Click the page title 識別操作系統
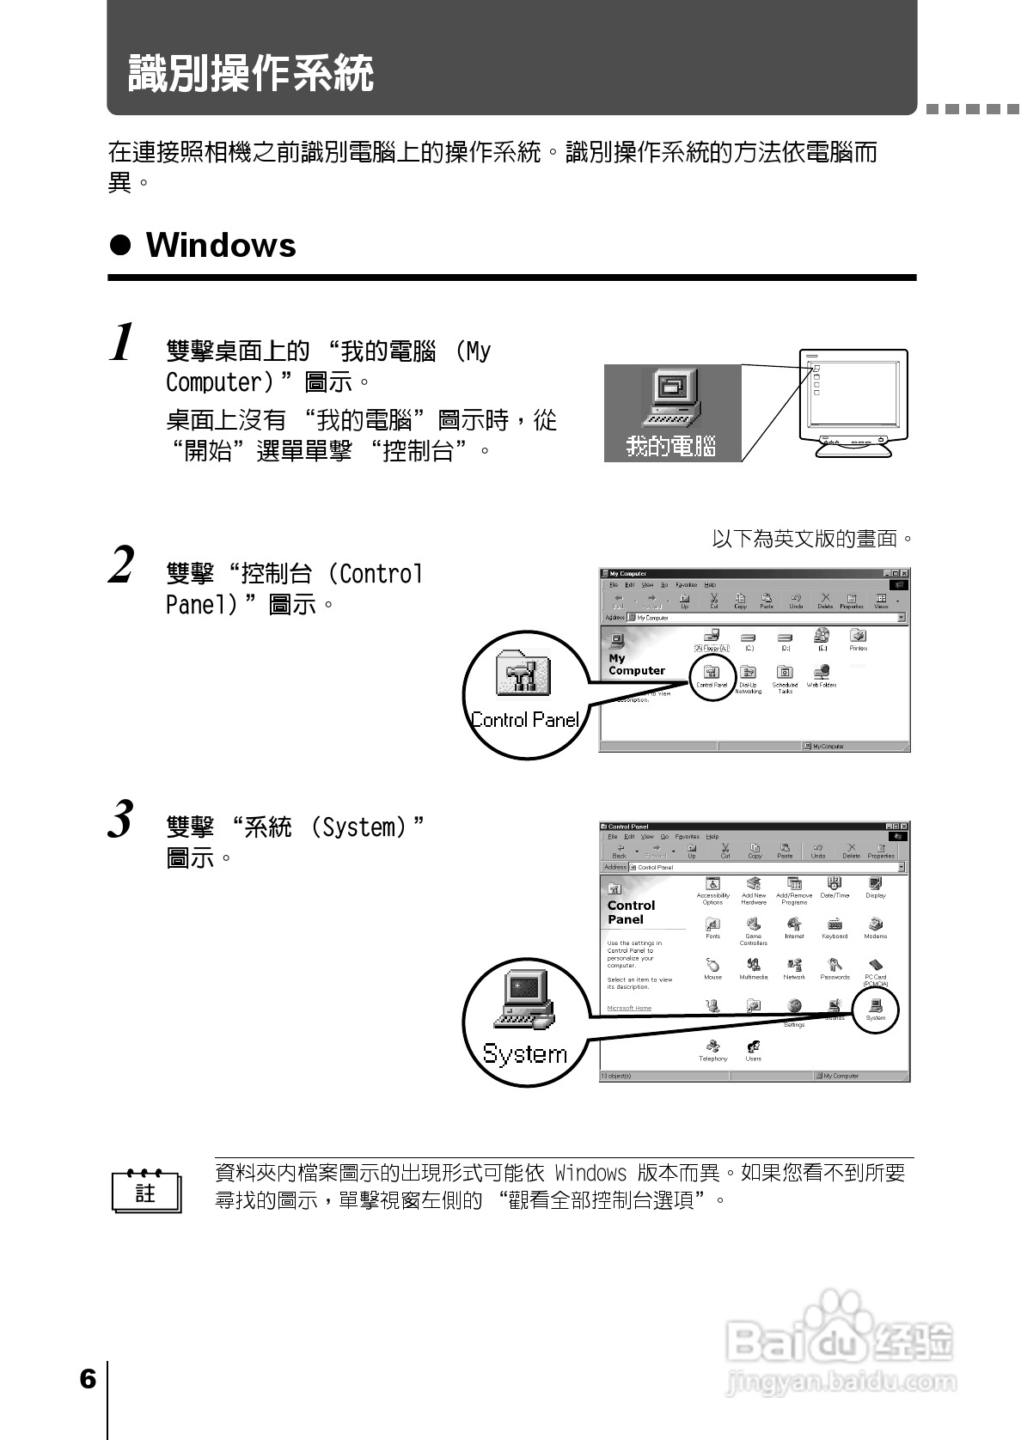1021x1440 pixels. point(250,73)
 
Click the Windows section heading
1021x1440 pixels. point(220,246)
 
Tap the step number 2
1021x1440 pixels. point(122,566)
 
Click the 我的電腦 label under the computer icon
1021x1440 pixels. point(671,447)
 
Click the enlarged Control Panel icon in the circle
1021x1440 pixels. point(523,674)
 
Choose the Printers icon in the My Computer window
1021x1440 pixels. point(858,637)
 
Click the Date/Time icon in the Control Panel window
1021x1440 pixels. point(834,885)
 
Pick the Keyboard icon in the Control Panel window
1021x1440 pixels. point(834,926)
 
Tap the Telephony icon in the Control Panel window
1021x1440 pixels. point(712,1048)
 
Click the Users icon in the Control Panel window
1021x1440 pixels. point(753,1048)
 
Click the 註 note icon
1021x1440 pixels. point(146,1191)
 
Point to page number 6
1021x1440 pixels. point(88,1380)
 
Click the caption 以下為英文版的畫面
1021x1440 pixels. point(811,540)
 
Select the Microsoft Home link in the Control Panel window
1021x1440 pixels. point(629,1008)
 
